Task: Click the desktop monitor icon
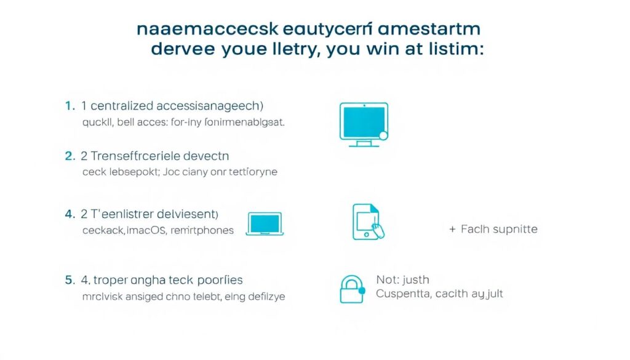click(x=364, y=123)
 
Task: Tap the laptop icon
click(x=265, y=224)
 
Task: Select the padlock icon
click(x=351, y=289)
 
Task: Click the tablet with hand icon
click(x=368, y=222)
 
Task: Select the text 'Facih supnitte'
click(x=499, y=229)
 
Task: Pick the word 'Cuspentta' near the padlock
click(x=402, y=294)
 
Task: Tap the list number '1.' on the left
click(x=70, y=106)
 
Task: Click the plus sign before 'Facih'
click(x=452, y=229)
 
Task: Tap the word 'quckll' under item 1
click(x=99, y=122)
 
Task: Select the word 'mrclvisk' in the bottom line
click(x=103, y=296)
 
